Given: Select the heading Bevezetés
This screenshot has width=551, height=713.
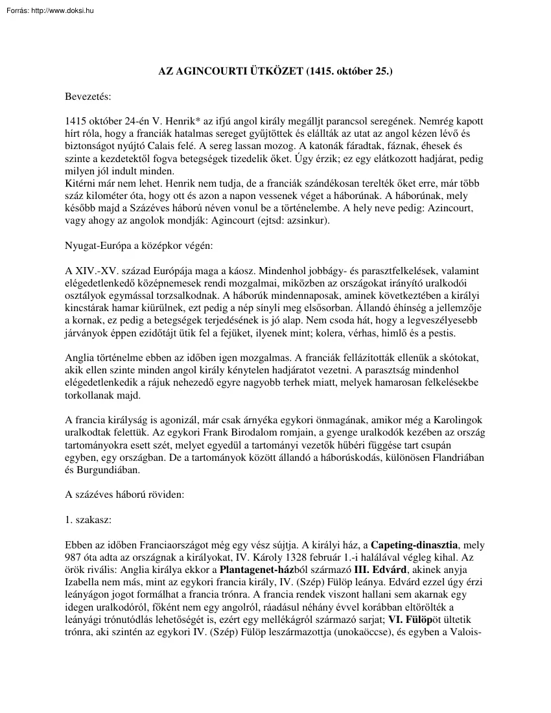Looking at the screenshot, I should pos(88,97).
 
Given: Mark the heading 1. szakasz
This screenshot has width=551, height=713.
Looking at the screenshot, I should pos(88,519).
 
